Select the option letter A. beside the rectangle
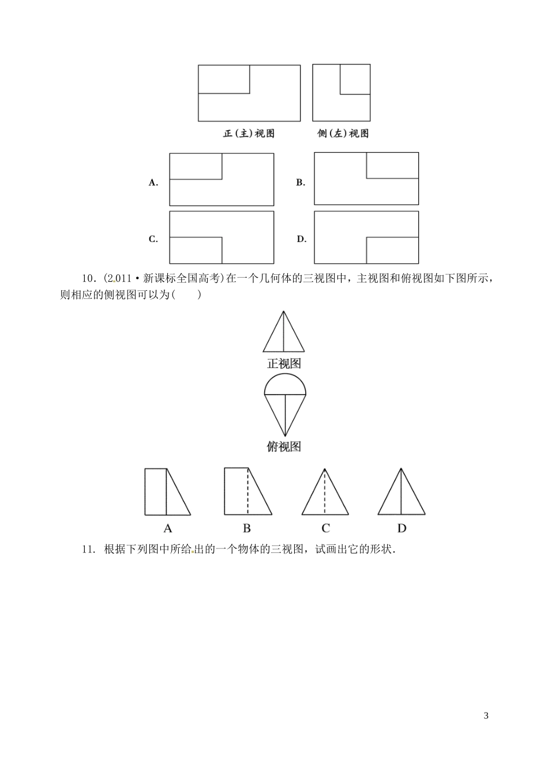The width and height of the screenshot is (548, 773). pyautogui.click(x=153, y=183)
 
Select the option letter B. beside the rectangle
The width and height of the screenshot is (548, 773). pyautogui.click(x=301, y=183)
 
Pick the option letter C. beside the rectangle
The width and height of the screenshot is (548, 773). pyautogui.click(x=153, y=239)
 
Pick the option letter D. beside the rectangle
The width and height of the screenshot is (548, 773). pyautogui.click(x=301, y=239)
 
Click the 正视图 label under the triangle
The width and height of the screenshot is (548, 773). pyautogui.click(x=284, y=363)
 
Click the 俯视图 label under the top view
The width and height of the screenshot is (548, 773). pyautogui.click(x=284, y=446)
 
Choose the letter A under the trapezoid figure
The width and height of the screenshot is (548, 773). pyautogui.click(x=168, y=528)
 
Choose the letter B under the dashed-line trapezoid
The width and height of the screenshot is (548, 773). pyautogui.click(x=246, y=528)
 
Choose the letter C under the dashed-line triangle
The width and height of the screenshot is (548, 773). pyautogui.click(x=325, y=528)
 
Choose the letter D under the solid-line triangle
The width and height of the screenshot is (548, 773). pyautogui.click(x=402, y=528)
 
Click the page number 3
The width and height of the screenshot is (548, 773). pyautogui.click(x=486, y=716)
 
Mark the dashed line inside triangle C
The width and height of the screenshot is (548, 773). pyautogui.click(x=325, y=492)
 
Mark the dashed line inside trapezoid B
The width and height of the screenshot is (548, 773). pyautogui.click(x=248, y=491)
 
